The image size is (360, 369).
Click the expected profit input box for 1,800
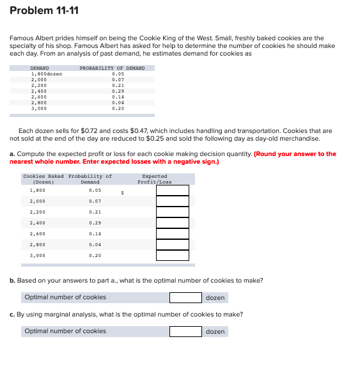[173, 190]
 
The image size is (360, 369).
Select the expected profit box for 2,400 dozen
[173, 223]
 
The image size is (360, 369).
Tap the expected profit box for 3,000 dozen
[173, 255]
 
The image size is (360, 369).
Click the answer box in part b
[185, 297]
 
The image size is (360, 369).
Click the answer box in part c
[185, 331]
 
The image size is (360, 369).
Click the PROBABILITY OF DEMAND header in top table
[112, 68]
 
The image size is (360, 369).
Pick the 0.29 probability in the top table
[118, 91]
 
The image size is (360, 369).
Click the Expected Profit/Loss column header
[155, 178]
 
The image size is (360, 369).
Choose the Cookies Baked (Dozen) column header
[43, 178]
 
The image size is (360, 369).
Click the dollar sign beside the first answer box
[121, 192]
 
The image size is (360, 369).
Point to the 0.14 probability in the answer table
[95, 233]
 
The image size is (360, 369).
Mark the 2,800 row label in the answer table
[38, 244]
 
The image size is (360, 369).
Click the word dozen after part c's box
[215, 331]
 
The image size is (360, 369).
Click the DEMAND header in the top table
[40, 68]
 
